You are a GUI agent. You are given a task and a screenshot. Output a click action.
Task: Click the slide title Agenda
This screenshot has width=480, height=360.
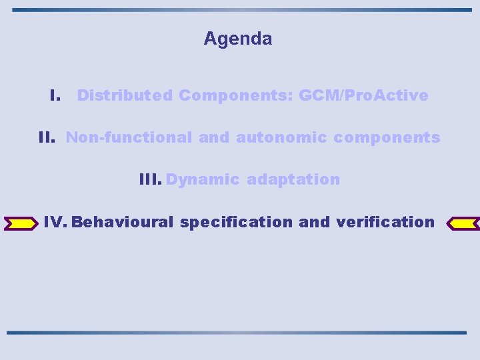pos(238,39)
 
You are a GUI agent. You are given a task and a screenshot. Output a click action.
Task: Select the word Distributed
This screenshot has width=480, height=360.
pos(125,95)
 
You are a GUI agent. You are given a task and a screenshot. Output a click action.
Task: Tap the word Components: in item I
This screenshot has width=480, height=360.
pos(236,95)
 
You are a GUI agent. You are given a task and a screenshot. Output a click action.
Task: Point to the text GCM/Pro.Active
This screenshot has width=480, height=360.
pos(363,95)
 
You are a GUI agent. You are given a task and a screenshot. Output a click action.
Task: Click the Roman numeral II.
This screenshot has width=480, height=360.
pos(47,137)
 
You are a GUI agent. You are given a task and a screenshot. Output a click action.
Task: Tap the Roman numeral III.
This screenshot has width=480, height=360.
pos(150,179)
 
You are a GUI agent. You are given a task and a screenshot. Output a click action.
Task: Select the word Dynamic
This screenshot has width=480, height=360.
pos(203,179)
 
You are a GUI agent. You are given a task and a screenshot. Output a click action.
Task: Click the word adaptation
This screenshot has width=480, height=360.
pos(293,179)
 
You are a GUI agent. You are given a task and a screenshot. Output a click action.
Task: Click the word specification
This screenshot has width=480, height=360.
pos(236,222)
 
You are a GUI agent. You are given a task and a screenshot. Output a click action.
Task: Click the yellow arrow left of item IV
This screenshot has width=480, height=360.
pos(21,223)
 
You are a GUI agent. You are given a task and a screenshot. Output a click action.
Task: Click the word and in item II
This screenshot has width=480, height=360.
pos(214,137)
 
